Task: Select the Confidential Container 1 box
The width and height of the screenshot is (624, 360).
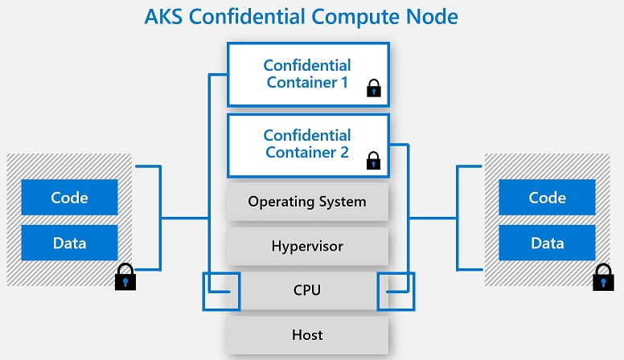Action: tap(307, 74)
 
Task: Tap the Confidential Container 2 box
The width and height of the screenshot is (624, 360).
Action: tap(307, 145)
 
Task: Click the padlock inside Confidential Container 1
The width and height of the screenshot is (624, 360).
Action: tap(373, 88)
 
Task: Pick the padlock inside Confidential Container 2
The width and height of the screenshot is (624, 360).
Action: tap(373, 160)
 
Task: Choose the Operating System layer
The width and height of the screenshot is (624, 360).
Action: tap(307, 202)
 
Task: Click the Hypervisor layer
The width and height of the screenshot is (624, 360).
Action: tap(307, 245)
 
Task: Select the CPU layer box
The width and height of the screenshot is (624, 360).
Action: tap(307, 290)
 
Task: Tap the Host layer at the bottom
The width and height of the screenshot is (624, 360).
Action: tap(307, 334)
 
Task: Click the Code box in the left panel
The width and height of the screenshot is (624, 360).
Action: tap(69, 198)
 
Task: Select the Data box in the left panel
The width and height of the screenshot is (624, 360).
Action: tap(69, 243)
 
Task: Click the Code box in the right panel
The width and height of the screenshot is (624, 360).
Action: tap(547, 198)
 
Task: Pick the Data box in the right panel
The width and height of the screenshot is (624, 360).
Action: tap(547, 243)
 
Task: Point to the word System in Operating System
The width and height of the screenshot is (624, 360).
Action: tap(342, 202)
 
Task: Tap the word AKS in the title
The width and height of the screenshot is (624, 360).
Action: tap(164, 16)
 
